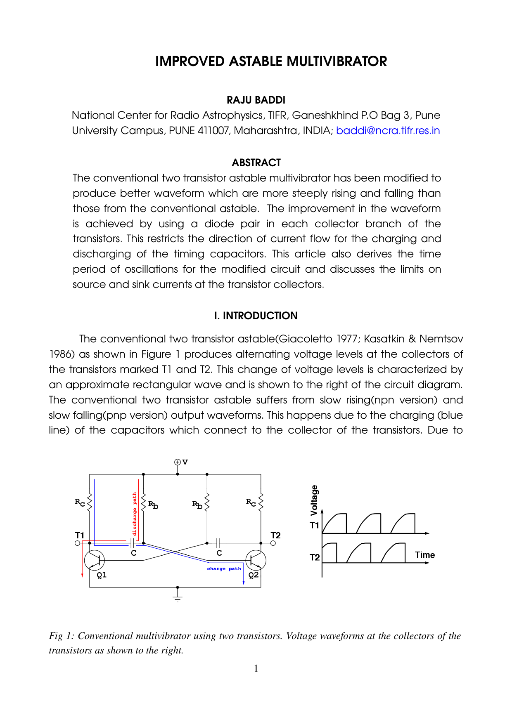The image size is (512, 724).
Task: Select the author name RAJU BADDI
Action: [256, 100]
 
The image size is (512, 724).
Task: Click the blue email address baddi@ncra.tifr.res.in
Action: [388, 131]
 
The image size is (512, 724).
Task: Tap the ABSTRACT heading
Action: [256, 163]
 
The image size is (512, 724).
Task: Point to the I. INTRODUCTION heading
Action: [256, 316]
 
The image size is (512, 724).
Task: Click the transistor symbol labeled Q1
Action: [95, 560]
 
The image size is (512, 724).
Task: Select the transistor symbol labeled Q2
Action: [256, 560]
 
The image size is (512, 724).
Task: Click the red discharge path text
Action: [135, 514]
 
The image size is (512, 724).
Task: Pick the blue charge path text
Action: [224, 568]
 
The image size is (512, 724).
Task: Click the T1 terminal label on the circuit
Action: [80, 535]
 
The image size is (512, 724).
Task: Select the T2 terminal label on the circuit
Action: [275, 535]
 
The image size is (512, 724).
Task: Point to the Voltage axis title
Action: [314, 500]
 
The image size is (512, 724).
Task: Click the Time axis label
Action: [425, 555]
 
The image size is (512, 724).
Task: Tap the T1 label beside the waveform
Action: [315, 525]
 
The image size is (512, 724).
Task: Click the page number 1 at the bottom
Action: [256, 668]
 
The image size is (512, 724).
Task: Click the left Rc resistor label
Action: [80, 502]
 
